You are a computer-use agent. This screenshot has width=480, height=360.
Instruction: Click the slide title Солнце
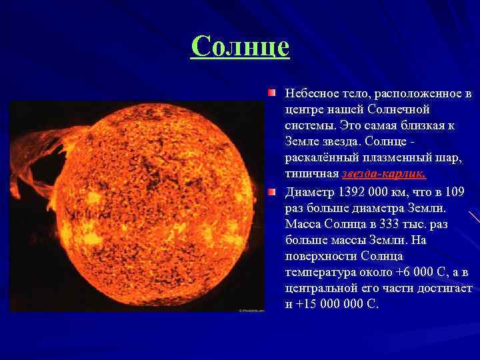(x=240, y=47)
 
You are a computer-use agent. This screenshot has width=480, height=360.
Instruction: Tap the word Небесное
(x=309, y=94)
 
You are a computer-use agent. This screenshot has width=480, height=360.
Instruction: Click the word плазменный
(x=383, y=158)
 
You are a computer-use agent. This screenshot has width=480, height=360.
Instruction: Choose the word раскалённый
(x=319, y=158)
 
